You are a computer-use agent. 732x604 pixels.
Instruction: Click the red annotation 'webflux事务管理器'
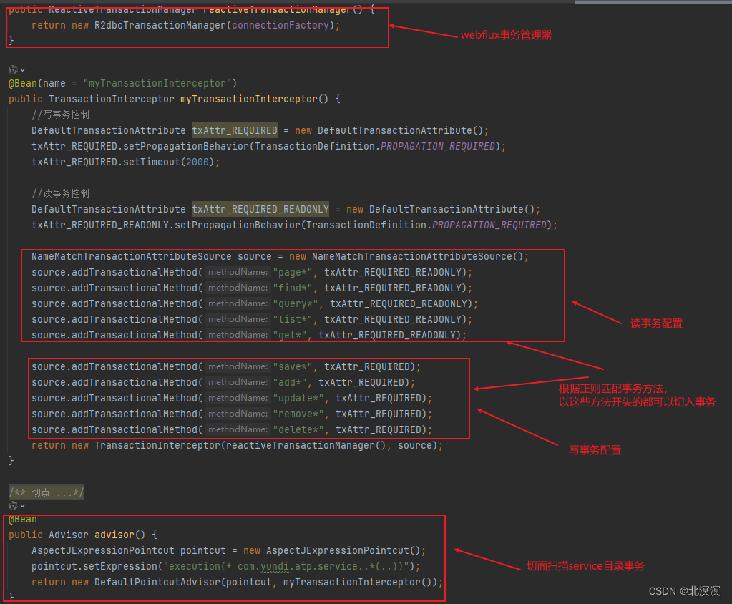click(506, 35)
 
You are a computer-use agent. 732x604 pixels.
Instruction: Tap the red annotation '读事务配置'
click(655, 323)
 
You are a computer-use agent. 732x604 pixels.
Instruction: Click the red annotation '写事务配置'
click(595, 450)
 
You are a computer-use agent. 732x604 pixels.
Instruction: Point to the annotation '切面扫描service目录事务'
click(585, 566)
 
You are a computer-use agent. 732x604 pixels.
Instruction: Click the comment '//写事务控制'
click(61, 115)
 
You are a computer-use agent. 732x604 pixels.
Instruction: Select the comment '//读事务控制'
click(61, 193)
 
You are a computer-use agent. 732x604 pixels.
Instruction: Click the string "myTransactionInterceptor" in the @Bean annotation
click(157, 83)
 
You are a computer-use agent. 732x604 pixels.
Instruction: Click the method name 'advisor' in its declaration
click(114, 535)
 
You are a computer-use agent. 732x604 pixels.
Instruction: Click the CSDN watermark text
click(684, 591)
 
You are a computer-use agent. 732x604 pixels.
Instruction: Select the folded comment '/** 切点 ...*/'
click(47, 492)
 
